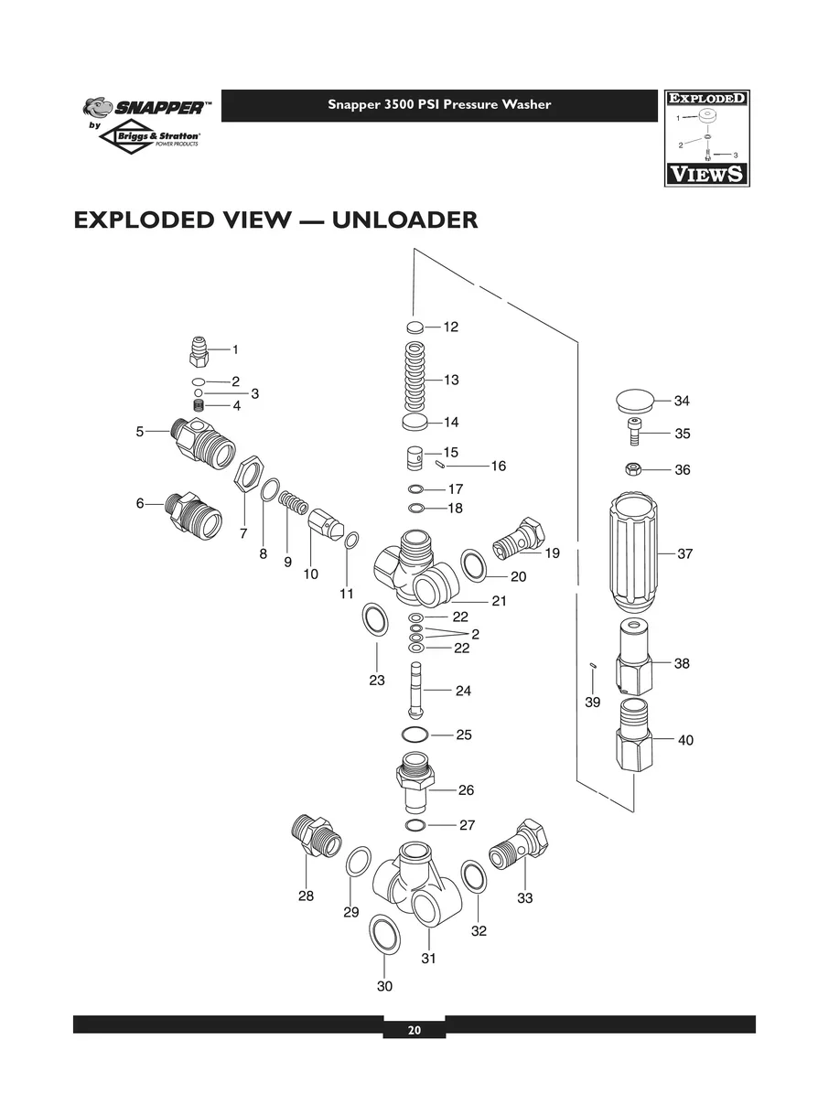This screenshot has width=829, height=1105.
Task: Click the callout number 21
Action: [499, 601]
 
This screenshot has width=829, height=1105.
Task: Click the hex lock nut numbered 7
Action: [245, 477]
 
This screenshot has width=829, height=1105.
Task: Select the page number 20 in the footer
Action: [414, 1030]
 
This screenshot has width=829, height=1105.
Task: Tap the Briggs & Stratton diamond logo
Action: [150, 139]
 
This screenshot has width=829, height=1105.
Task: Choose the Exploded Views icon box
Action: [706, 138]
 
